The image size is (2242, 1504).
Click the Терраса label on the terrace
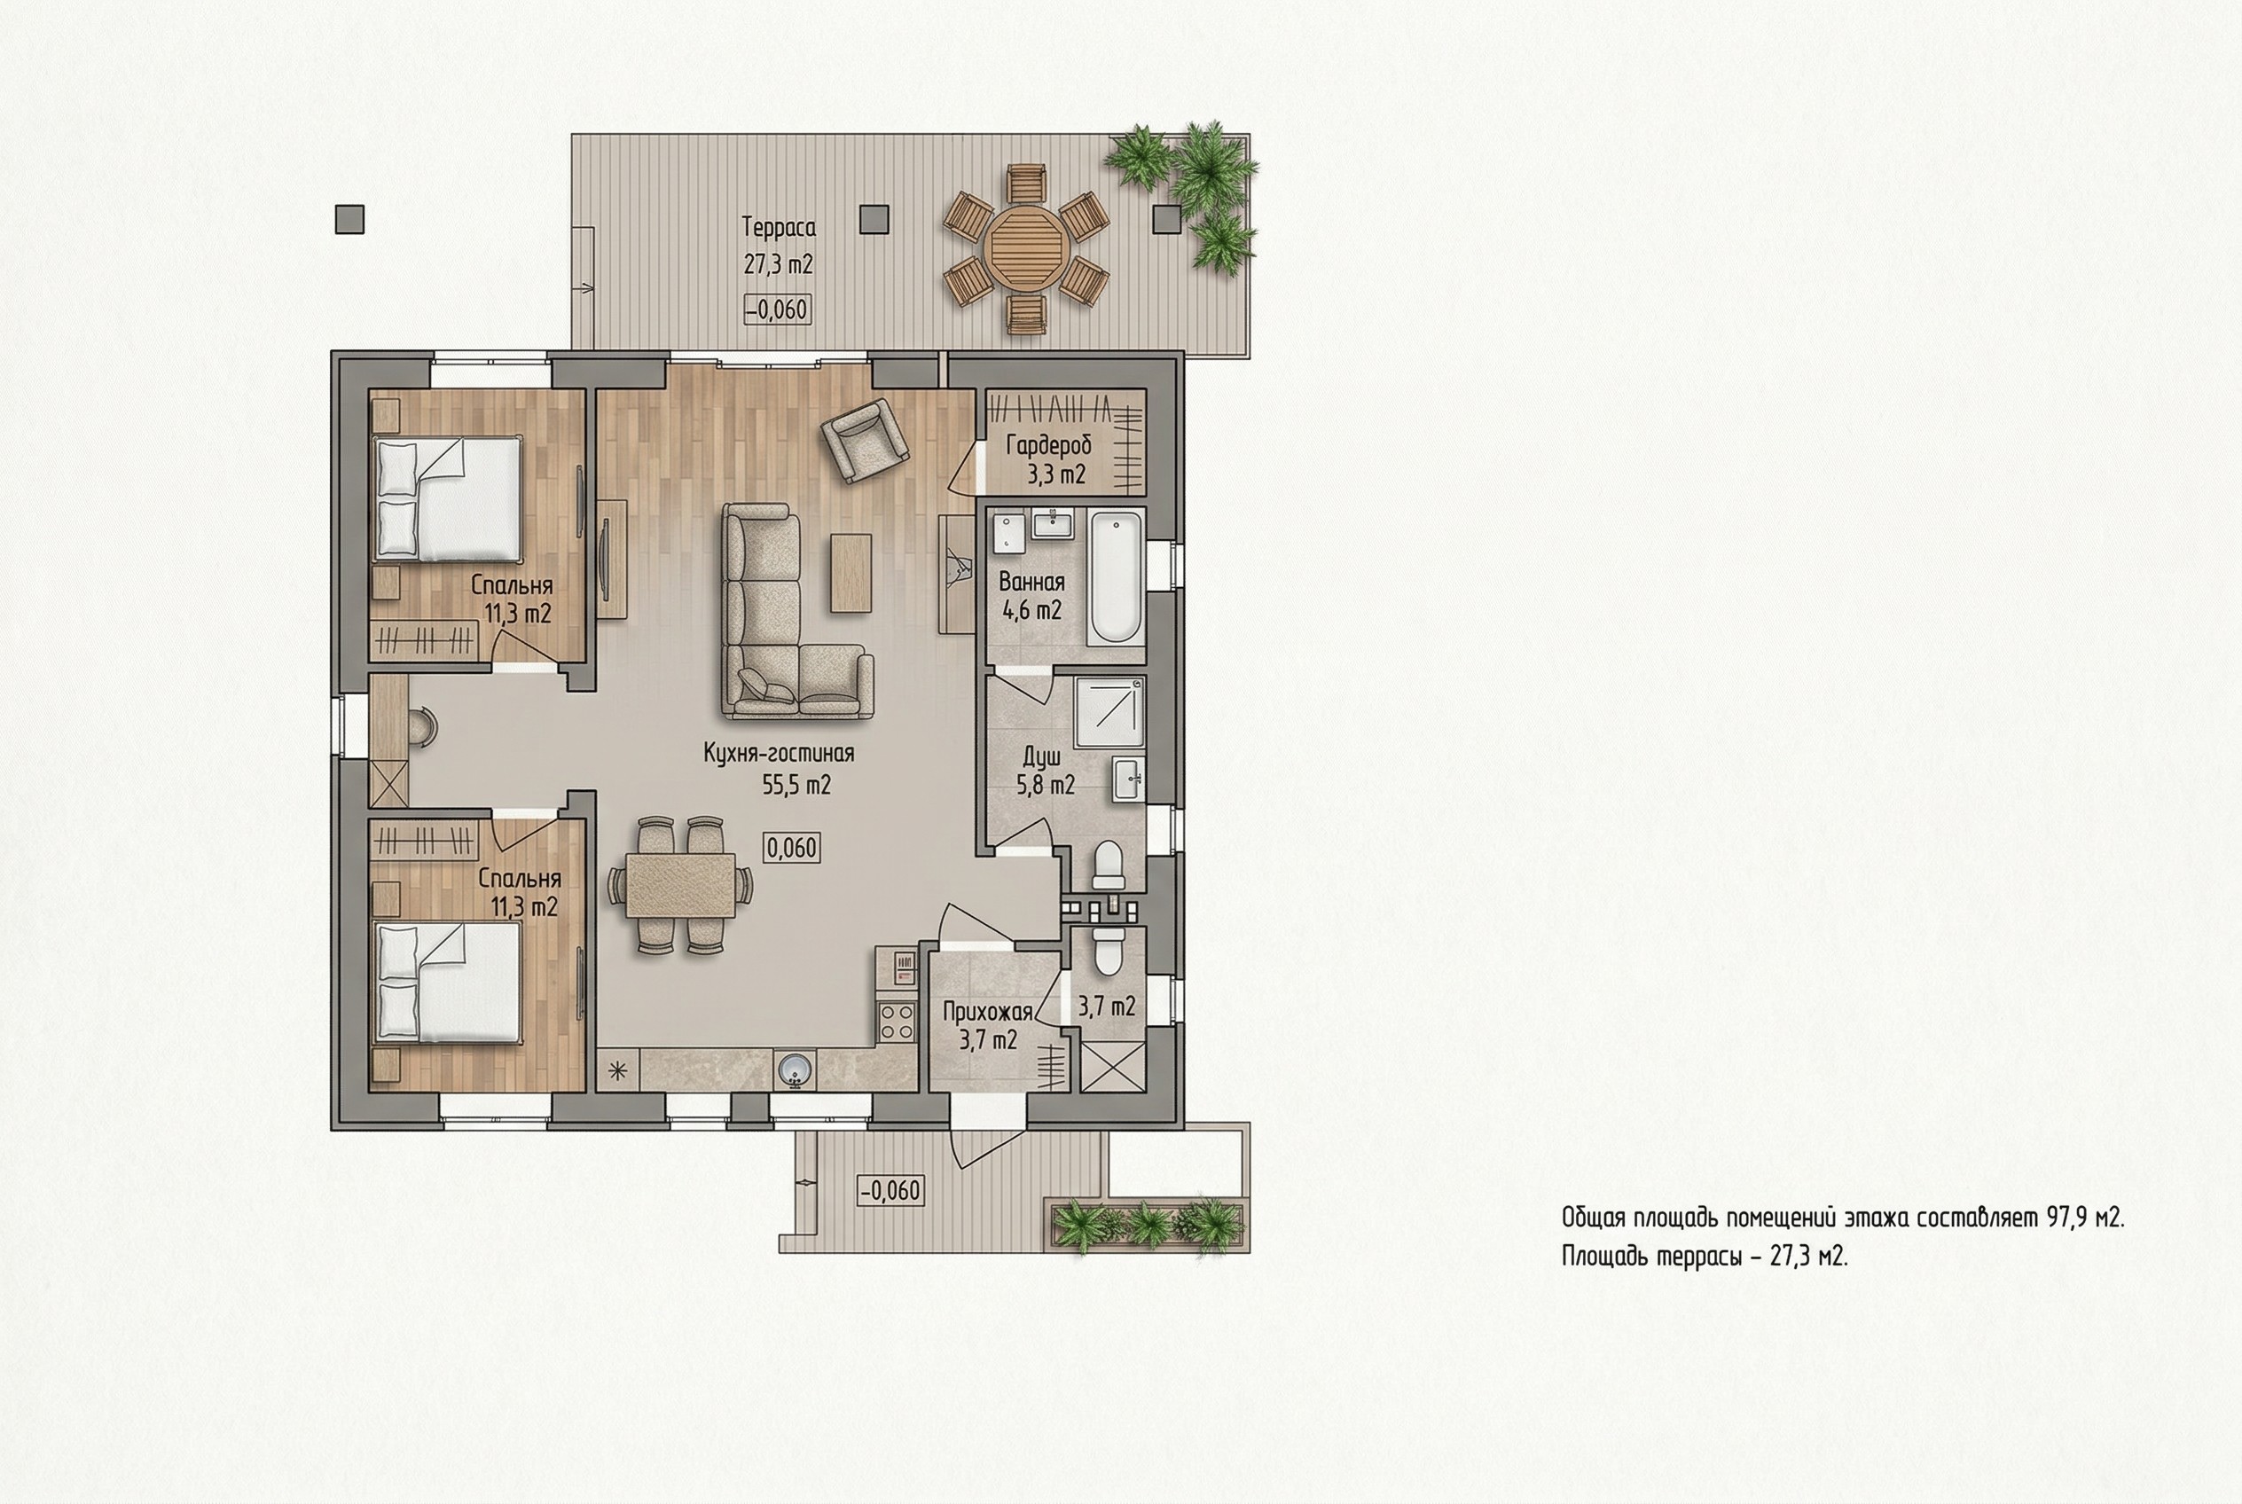[778, 227]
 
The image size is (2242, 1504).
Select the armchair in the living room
[865, 440]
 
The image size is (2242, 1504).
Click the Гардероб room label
[1048, 445]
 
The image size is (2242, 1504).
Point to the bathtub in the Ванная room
[1116, 576]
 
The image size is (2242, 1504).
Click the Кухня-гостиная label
[779, 753]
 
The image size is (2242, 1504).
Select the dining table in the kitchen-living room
[680, 885]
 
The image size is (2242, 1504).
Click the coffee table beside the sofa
[851, 573]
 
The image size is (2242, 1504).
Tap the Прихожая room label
[987, 1011]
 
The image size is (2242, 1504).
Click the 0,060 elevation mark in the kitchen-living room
[791, 848]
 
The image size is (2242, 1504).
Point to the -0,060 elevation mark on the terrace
[778, 309]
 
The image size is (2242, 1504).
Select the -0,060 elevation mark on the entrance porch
[890, 1190]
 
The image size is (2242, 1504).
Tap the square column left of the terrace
[350, 220]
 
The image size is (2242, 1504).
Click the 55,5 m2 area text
[796, 785]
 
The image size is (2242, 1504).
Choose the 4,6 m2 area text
[1031, 610]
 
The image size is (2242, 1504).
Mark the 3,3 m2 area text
[1056, 474]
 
